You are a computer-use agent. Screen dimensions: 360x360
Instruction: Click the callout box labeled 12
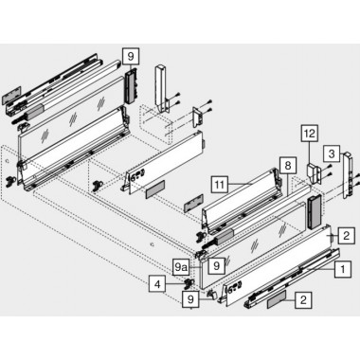pyautogui.click(x=310, y=134)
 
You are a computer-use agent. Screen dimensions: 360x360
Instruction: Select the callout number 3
pyautogui.click(x=332, y=154)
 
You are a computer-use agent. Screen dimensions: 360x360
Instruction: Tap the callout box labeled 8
pyautogui.click(x=288, y=166)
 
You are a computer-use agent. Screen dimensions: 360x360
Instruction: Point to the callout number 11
pyautogui.click(x=220, y=185)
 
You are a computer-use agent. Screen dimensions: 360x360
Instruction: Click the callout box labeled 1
pyautogui.click(x=343, y=269)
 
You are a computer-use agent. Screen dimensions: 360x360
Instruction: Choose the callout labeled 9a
pyautogui.click(x=181, y=268)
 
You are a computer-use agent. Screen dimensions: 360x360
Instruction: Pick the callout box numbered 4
pyautogui.click(x=157, y=284)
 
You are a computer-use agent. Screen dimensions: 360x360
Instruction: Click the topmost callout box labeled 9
pyautogui.click(x=131, y=57)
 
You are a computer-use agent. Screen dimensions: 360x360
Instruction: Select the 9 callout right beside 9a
pyautogui.click(x=216, y=265)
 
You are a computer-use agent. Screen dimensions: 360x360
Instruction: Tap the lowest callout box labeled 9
pyautogui.click(x=190, y=298)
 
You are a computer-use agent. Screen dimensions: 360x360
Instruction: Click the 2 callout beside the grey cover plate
pyautogui.click(x=303, y=299)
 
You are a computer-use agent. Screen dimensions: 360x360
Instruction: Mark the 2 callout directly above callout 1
pyautogui.click(x=346, y=236)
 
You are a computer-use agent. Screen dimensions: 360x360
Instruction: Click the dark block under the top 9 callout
pyautogui.click(x=132, y=85)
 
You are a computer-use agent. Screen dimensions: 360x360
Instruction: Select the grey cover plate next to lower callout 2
pyautogui.click(x=277, y=300)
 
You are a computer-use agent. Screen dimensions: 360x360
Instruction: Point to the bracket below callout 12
pyautogui.click(x=315, y=173)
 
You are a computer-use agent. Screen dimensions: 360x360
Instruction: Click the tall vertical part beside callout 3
pyautogui.click(x=348, y=175)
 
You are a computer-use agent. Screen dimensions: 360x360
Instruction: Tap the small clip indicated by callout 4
pyautogui.click(x=189, y=283)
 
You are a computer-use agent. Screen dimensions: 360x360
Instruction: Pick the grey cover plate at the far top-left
pyautogui.click(x=11, y=96)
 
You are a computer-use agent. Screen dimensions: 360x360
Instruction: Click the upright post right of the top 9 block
pyautogui.click(x=162, y=89)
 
